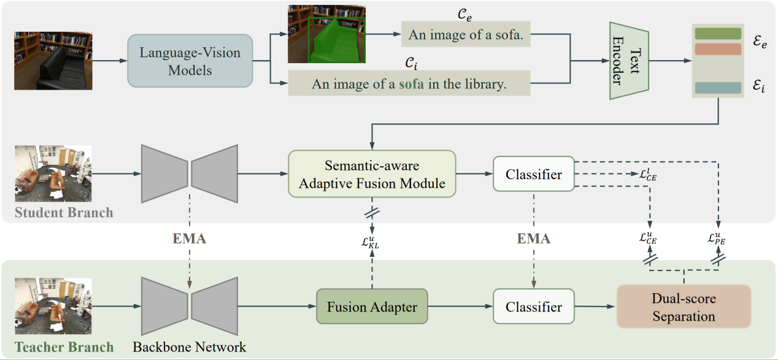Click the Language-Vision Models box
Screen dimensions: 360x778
(190, 60)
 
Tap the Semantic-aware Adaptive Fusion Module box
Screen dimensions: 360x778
(372, 174)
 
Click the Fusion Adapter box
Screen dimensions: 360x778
(371, 307)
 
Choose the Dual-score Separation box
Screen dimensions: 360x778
(684, 307)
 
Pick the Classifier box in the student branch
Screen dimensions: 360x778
(534, 174)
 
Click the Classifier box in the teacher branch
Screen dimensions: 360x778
(534, 307)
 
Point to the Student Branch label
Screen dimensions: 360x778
(64, 213)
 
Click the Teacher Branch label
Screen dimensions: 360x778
(64, 347)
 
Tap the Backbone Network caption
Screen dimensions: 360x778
(189, 347)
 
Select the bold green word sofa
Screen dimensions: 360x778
(412, 84)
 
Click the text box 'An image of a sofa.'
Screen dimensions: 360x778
(466, 35)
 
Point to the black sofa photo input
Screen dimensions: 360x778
(53, 60)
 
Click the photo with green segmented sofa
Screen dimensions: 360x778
(326, 34)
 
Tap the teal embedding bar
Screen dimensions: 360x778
(718, 88)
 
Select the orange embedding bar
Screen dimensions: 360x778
(718, 49)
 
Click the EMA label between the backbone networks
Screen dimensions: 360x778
(189, 239)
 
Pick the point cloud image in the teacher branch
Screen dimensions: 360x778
(53, 301)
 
